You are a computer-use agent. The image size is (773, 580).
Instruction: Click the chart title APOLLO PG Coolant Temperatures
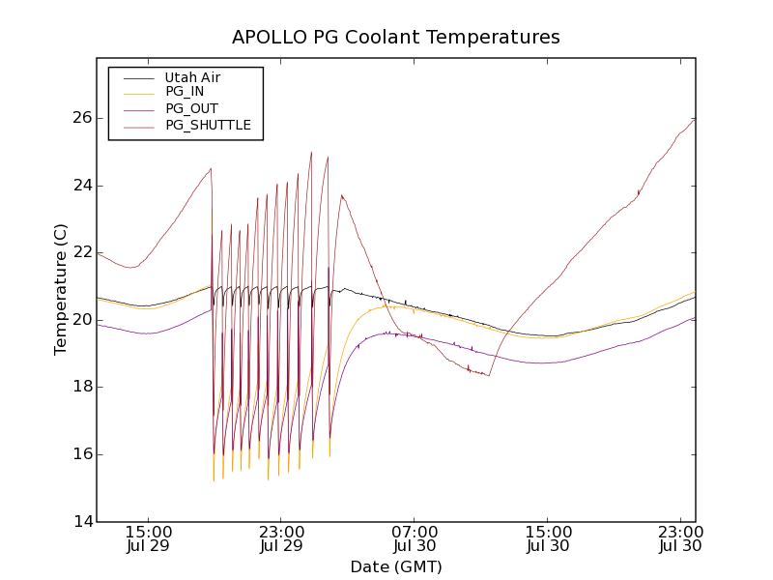pyautogui.click(x=395, y=38)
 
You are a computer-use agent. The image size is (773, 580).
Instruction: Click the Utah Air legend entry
pyautogui.click(x=191, y=77)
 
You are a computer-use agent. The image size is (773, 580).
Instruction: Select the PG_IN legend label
pyautogui.click(x=185, y=92)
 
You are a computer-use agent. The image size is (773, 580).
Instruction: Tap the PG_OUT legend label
pyautogui.click(x=191, y=108)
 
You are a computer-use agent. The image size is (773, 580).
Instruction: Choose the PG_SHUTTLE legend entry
pyautogui.click(x=208, y=125)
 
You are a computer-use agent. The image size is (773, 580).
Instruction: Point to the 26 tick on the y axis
pyautogui.click(x=81, y=118)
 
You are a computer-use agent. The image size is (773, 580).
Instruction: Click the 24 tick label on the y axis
pyautogui.click(x=81, y=186)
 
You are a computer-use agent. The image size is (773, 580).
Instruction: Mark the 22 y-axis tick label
pyautogui.click(x=81, y=252)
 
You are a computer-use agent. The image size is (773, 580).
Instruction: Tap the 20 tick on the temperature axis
pyautogui.click(x=81, y=320)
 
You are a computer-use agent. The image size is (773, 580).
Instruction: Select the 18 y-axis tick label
pyautogui.click(x=81, y=387)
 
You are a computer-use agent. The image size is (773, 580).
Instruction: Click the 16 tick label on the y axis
pyautogui.click(x=81, y=454)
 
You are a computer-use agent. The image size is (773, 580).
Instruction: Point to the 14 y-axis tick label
pyautogui.click(x=81, y=522)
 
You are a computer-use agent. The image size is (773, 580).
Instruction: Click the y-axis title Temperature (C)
pyautogui.click(x=61, y=289)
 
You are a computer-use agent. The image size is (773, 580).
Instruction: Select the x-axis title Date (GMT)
pyautogui.click(x=395, y=566)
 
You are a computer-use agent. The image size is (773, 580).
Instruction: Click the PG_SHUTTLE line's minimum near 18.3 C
pyautogui.click(x=489, y=375)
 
